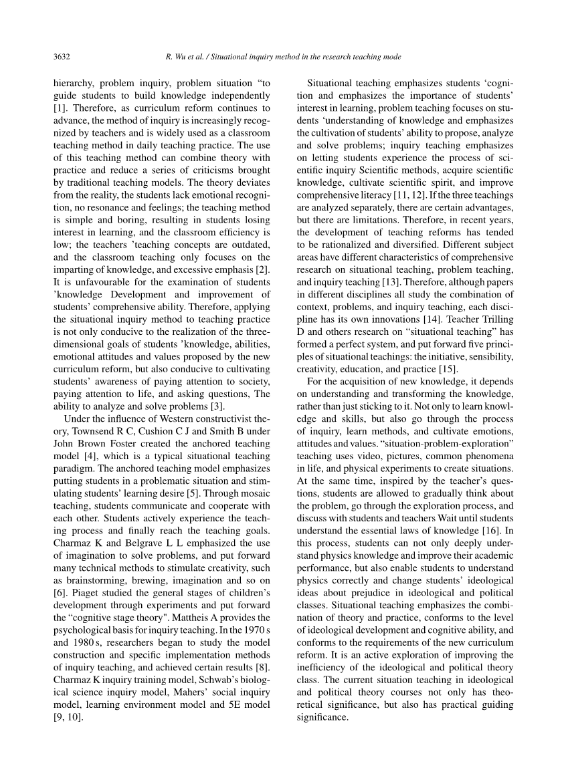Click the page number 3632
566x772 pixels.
click(x=62, y=57)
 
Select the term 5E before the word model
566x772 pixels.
click(x=240, y=705)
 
